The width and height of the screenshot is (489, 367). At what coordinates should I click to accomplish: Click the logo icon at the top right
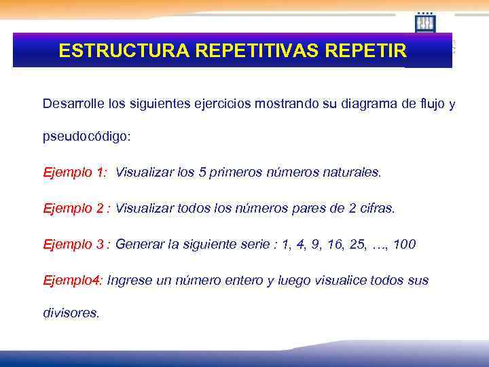425,22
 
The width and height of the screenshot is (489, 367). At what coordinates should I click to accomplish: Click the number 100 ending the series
405,244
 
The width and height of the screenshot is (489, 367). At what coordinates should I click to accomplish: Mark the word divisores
71,313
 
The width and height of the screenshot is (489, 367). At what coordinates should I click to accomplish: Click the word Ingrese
130,280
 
